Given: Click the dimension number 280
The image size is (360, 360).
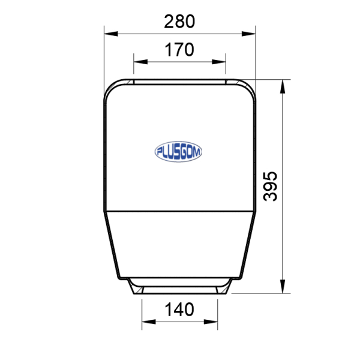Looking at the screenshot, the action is (x=179, y=22).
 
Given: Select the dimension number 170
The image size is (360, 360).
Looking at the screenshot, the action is (x=179, y=50).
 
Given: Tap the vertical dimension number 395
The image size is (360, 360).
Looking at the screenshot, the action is (x=270, y=187).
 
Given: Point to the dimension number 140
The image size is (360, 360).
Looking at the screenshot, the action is (x=179, y=310).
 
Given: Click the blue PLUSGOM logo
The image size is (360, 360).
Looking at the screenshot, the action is (x=178, y=152).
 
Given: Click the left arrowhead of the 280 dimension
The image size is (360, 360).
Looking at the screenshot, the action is (x=111, y=34).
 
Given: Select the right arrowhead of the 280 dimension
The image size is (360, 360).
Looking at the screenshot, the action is (x=248, y=34).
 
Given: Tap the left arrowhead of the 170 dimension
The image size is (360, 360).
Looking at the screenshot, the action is (x=140, y=62).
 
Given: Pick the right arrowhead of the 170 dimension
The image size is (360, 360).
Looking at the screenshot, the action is (x=219, y=62).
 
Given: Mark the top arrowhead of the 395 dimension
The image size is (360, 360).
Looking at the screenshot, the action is (x=283, y=86).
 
